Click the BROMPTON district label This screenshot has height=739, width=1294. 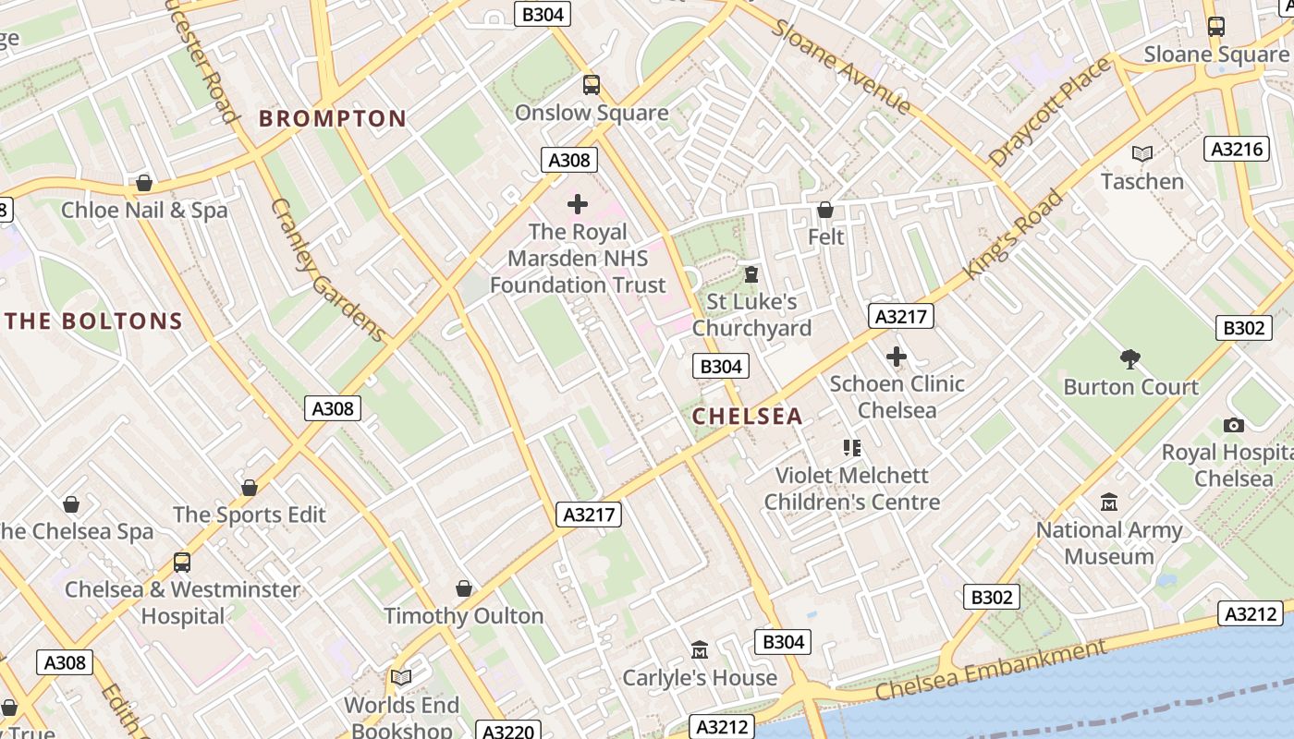(x=332, y=118)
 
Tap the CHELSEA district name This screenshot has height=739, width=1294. (x=747, y=417)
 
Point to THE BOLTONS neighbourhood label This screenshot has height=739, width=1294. (x=94, y=321)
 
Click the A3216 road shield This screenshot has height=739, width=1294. (x=1237, y=150)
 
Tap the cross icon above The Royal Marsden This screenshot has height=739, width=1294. (x=578, y=204)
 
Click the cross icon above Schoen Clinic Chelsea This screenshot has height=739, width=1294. (x=896, y=357)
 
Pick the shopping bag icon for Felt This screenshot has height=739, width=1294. (x=825, y=210)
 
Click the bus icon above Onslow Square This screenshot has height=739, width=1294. (x=592, y=85)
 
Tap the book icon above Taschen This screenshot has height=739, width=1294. (x=1142, y=153)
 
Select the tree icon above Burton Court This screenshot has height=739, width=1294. (x=1129, y=359)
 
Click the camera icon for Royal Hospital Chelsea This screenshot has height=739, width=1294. (x=1233, y=425)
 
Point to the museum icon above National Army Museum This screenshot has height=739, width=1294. (x=1108, y=503)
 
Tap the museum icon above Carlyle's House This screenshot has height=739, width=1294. (x=700, y=650)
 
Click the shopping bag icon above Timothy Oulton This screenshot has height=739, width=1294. (x=464, y=588)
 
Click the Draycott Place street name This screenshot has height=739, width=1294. (x=1049, y=113)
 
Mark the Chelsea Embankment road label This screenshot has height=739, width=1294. (x=990, y=672)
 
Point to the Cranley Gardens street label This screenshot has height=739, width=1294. (x=327, y=270)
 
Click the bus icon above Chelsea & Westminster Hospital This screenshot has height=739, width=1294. (x=182, y=562)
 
